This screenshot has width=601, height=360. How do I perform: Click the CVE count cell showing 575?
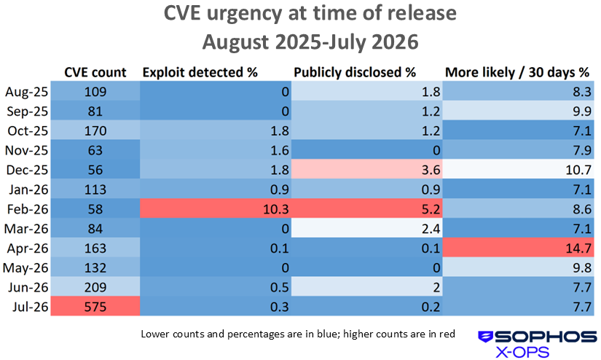(x=95, y=306)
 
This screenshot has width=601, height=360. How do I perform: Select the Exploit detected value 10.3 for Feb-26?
(x=216, y=208)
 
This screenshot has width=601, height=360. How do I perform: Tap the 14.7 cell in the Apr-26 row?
(x=518, y=248)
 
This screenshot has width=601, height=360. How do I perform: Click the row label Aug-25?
(x=26, y=92)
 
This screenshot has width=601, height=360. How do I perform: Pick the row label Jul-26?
(x=30, y=307)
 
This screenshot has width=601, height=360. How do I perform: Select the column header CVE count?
(x=95, y=72)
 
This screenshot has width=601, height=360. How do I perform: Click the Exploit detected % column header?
(x=200, y=72)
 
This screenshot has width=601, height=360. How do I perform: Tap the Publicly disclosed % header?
(x=355, y=72)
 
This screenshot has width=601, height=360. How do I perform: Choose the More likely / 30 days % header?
(x=517, y=72)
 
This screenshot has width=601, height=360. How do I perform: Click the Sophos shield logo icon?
(x=486, y=337)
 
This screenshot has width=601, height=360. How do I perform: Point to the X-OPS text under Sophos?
(x=522, y=352)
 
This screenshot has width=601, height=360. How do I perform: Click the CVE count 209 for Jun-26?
(x=95, y=287)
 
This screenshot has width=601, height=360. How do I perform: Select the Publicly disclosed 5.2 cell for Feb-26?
(x=367, y=208)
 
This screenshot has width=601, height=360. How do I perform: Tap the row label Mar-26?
(x=26, y=229)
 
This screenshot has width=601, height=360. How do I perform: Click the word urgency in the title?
(x=244, y=14)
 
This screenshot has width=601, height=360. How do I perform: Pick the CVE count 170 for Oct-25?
(x=95, y=130)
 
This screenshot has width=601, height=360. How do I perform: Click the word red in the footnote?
(x=448, y=334)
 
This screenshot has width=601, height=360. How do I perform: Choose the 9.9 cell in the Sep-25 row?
(x=518, y=111)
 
